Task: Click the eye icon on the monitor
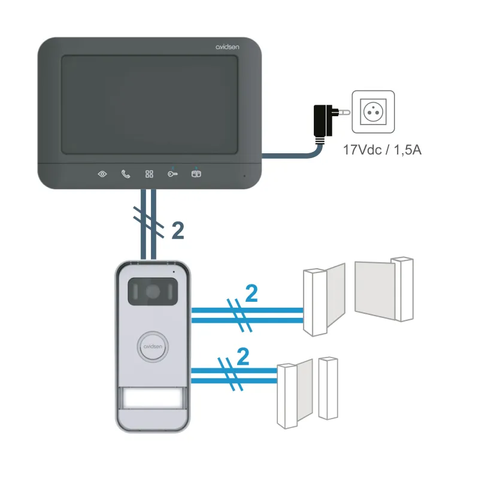[102, 174]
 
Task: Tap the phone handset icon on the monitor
[126, 174]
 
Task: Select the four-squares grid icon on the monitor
[149, 174]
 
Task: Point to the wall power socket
[373, 112]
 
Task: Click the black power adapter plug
[322, 120]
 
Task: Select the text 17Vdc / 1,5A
[382, 149]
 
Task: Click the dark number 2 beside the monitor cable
[177, 231]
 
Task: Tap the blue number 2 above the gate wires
[251, 293]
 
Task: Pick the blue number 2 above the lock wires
[242, 357]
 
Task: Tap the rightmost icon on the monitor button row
[196, 174]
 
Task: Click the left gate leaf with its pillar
[323, 299]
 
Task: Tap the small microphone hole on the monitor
[244, 176]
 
